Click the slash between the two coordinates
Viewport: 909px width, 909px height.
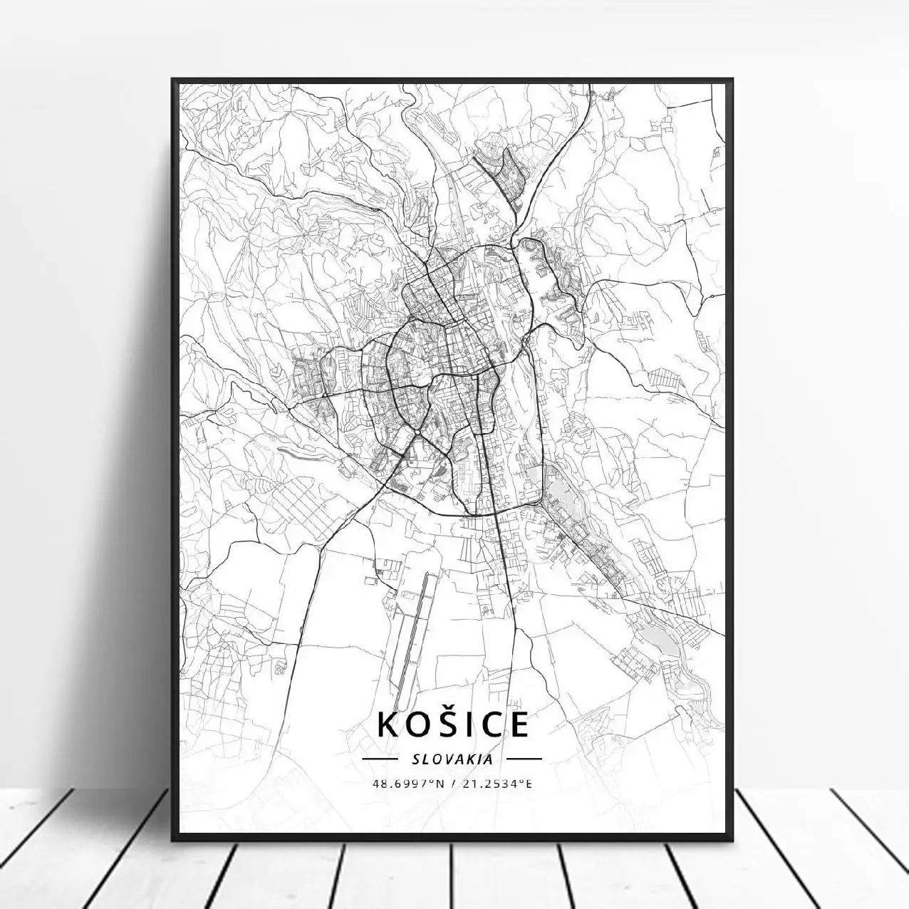click(x=454, y=784)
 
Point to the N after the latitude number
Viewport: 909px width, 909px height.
click(x=440, y=784)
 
